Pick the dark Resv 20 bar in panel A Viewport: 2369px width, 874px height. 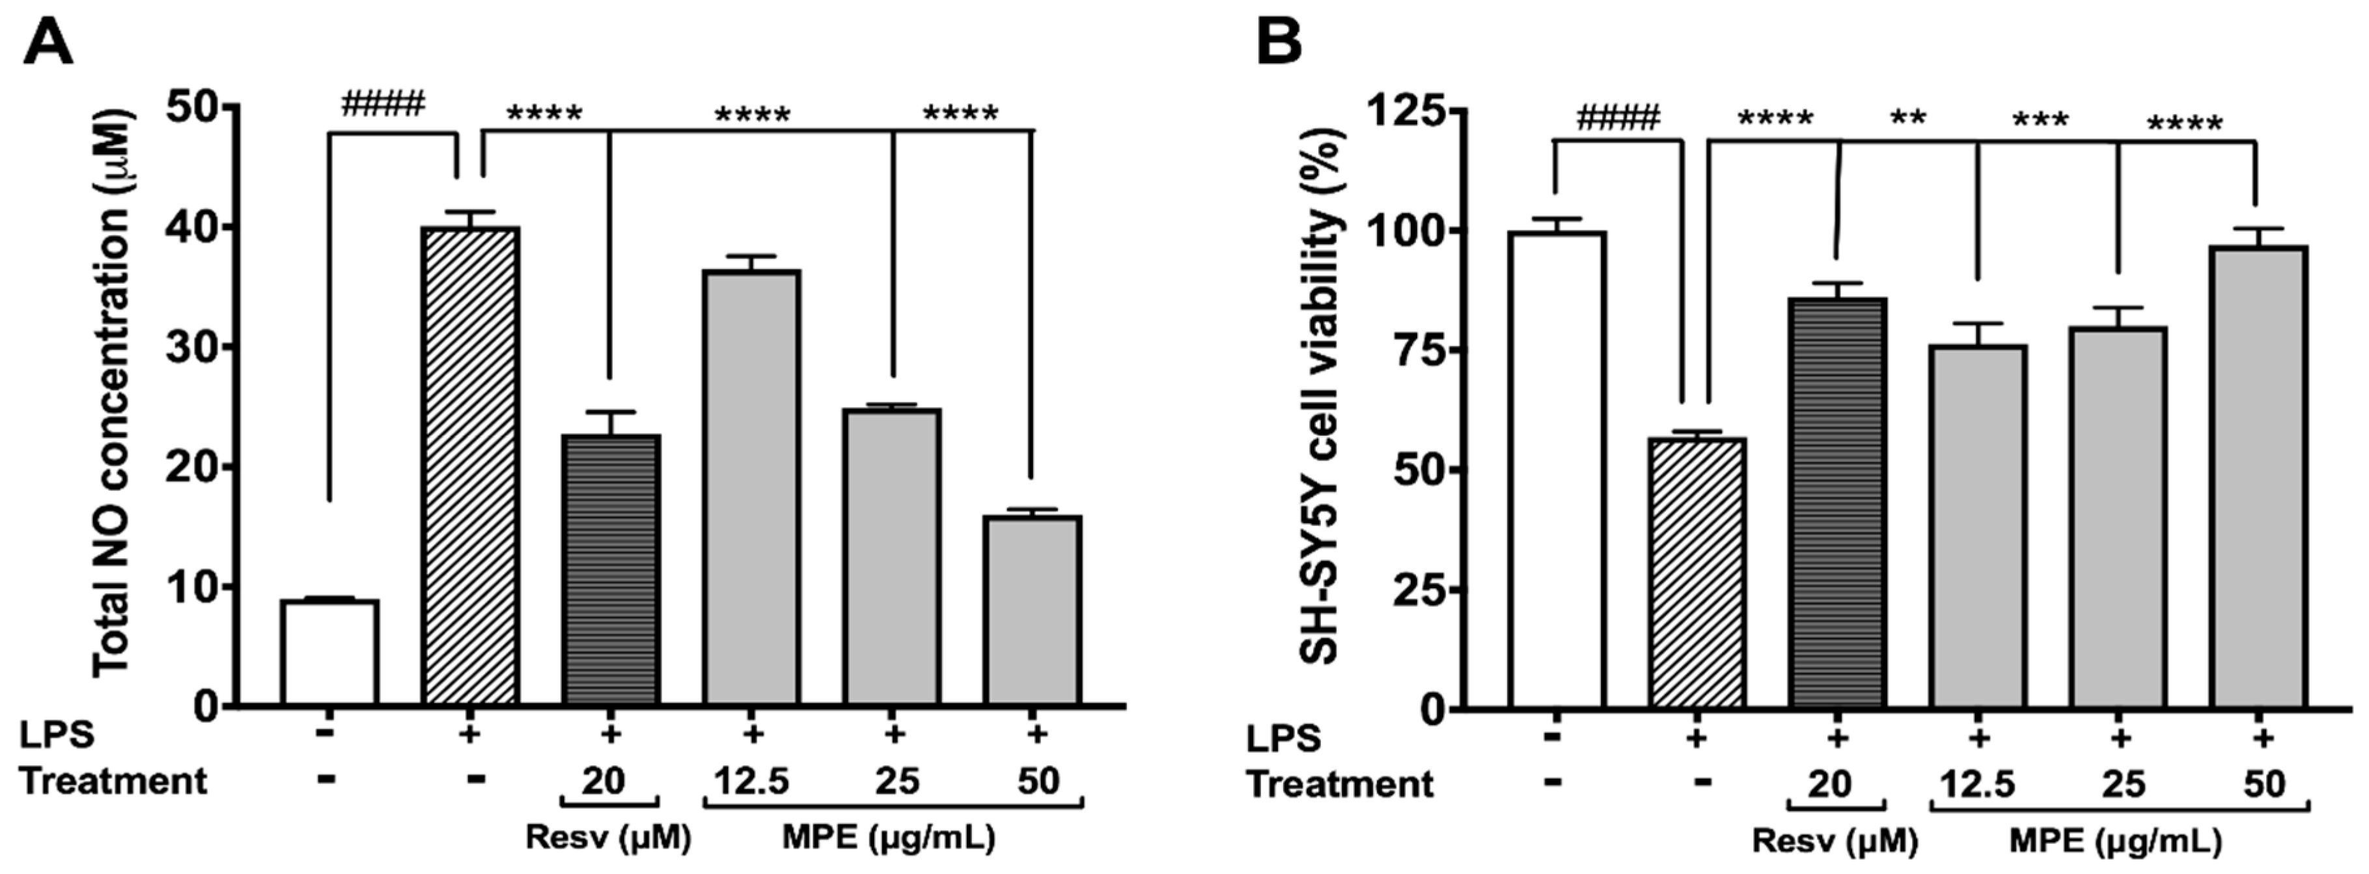611,571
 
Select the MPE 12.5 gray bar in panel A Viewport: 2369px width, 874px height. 751,488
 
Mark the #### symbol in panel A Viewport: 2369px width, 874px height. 383,104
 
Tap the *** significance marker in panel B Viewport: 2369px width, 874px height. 2040,121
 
